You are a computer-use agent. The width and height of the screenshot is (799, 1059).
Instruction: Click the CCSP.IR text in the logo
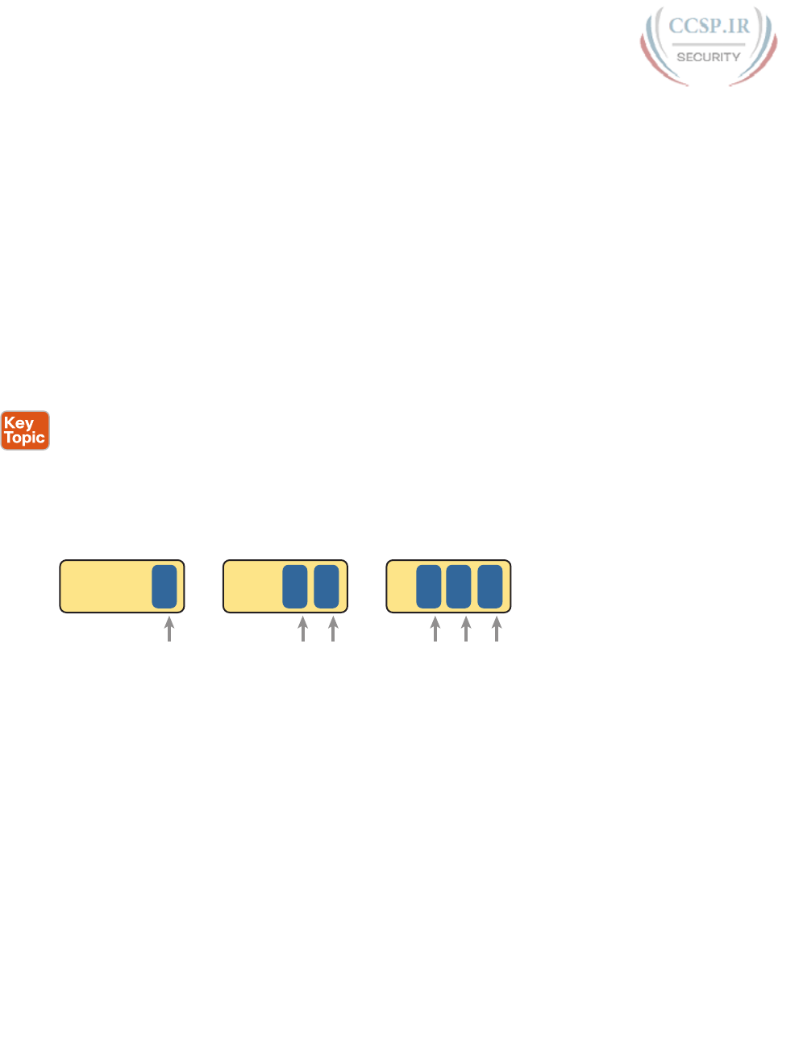tap(709, 26)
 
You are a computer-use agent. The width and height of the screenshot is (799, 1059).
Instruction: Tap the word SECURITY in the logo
tap(708, 57)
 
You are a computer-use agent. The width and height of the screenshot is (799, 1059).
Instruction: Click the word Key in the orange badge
tap(19, 423)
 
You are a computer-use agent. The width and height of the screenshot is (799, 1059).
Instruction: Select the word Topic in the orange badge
tap(25, 438)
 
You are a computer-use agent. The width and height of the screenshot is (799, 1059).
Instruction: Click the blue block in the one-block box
tap(164, 587)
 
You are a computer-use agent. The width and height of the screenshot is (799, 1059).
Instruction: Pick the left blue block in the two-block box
tap(295, 587)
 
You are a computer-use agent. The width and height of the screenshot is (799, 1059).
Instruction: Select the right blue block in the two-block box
tap(327, 587)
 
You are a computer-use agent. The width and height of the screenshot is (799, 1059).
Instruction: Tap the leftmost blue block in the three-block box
tap(429, 587)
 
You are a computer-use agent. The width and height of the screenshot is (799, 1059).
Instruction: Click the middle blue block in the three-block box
tap(459, 587)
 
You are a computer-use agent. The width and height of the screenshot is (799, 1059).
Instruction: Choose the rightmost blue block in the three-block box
tap(490, 587)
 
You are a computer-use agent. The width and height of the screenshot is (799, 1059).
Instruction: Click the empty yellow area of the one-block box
tap(105, 587)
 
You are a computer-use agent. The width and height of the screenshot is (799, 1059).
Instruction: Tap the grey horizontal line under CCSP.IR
tap(709, 44)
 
